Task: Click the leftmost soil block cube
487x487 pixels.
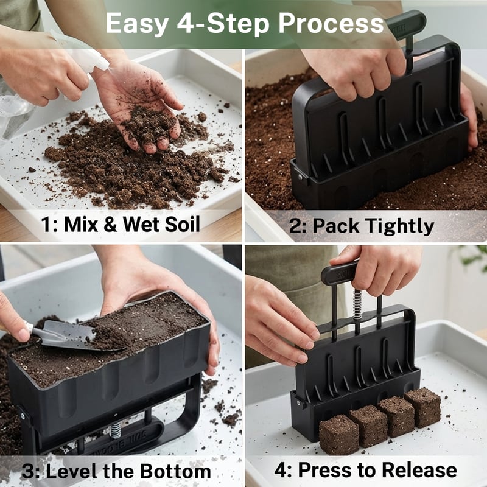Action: [x=338, y=434]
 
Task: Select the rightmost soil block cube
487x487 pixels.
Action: [x=422, y=406]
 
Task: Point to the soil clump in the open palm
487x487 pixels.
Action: [x=146, y=122]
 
